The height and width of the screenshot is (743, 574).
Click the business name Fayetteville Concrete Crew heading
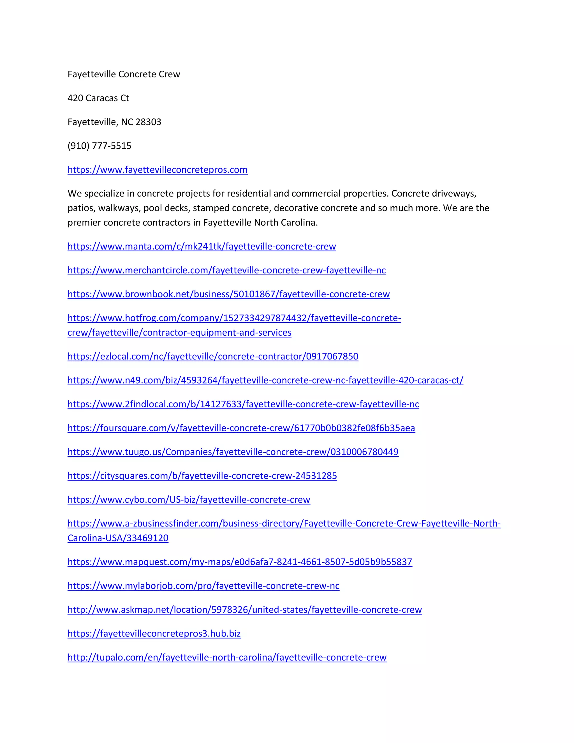(x=124, y=74)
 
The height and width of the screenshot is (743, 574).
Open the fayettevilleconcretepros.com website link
(x=158, y=169)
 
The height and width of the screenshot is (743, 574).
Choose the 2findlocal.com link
(x=243, y=404)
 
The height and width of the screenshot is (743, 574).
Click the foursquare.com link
(x=241, y=428)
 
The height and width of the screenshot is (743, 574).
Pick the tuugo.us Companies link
(x=233, y=452)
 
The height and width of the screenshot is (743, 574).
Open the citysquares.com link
(x=202, y=476)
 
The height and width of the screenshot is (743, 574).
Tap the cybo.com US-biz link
(x=189, y=499)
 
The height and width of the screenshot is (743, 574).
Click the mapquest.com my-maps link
(x=240, y=562)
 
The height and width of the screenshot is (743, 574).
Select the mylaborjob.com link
(x=203, y=585)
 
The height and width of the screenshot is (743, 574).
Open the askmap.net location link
(x=244, y=610)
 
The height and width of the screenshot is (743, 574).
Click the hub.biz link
(x=154, y=633)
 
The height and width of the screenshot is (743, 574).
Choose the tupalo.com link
(x=227, y=657)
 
